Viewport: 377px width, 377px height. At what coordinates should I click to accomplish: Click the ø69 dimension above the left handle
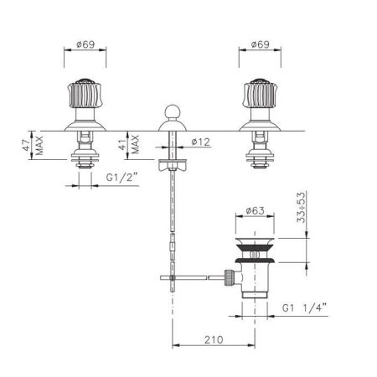tap(85, 44)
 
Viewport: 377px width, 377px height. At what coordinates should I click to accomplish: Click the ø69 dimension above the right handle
tap(261, 44)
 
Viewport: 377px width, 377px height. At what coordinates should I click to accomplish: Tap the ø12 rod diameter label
tap(201, 142)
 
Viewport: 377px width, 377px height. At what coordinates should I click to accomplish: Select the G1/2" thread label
tap(122, 178)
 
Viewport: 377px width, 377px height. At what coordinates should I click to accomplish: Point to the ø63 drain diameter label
tap(255, 210)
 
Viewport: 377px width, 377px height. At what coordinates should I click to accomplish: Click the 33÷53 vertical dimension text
tap(302, 207)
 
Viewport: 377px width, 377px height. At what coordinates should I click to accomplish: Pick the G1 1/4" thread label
tap(304, 308)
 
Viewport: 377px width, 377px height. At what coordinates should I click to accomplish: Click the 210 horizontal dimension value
tap(214, 340)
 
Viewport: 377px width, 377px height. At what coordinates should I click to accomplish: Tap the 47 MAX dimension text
tap(33, 146)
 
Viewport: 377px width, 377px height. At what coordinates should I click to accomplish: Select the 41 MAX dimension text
tap(130, 145)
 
